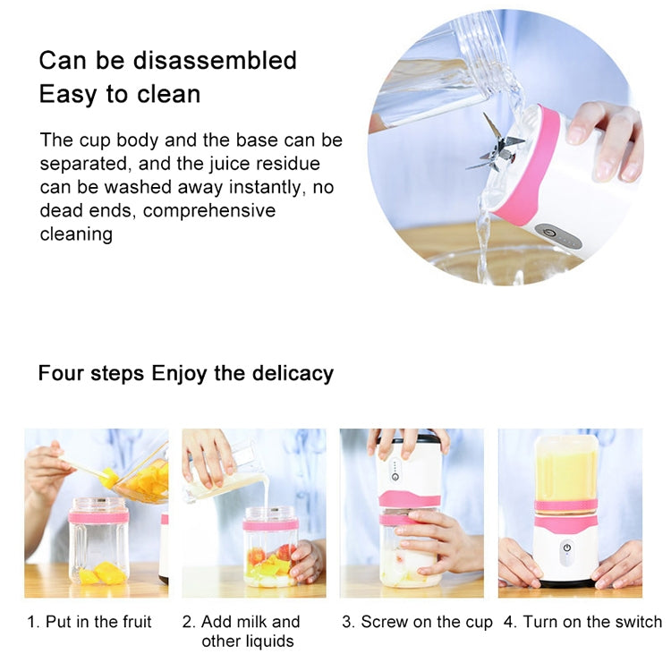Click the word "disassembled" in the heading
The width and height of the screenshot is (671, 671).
coord(215,60)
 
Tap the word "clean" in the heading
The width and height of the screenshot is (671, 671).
coord(169,94)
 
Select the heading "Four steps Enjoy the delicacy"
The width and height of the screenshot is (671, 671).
coord(186,373)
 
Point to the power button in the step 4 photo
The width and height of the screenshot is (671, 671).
coord(567,548)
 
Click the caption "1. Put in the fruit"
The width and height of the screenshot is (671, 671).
coord(89,622)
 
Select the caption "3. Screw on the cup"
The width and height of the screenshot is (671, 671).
coord(417,622)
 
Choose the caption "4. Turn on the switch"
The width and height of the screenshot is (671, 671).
coord(582,622)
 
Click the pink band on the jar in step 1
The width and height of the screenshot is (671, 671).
coord(98,518)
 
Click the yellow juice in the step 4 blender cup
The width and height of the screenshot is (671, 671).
coord(565,475)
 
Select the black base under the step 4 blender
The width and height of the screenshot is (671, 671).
coord(565,583)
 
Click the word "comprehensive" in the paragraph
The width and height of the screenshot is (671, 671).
coord(209,211)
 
